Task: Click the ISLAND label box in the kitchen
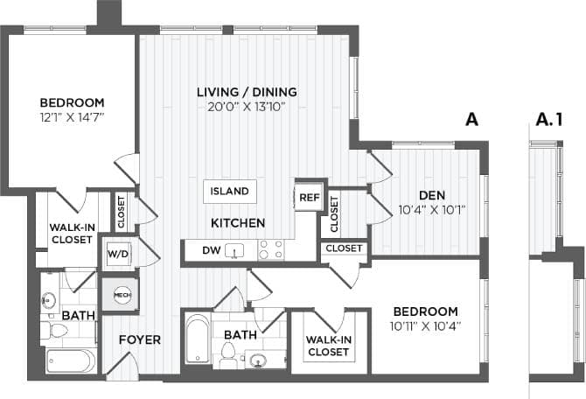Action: [229, 191]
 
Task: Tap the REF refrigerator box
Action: [308, 198]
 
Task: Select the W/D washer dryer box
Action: [117, 255]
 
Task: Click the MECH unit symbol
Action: [121, 295]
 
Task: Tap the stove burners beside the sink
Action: [270, 250]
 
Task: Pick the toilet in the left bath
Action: [57, 330]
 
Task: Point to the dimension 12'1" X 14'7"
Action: [72, 116]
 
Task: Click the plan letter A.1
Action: [547, 121]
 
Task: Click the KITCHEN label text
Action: [237, 223]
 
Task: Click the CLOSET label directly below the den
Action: [344, 248]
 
